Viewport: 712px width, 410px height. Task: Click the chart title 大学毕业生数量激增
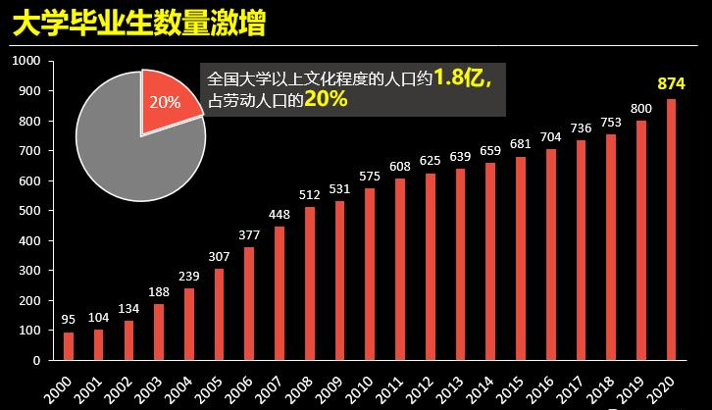click(x=138, y=25)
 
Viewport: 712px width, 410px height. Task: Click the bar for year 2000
click(x=69, y=345)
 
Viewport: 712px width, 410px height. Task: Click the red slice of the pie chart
click(x=168, y=101)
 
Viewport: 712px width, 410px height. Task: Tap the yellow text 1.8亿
click(x=460, y=77)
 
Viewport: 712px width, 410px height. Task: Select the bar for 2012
click(x=430, y=266)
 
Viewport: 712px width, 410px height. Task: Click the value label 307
click(x=219, y=255)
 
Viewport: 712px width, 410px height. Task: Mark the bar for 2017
click(x=580, y=249)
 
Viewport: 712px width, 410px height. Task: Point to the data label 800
click(x=640, y=108)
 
